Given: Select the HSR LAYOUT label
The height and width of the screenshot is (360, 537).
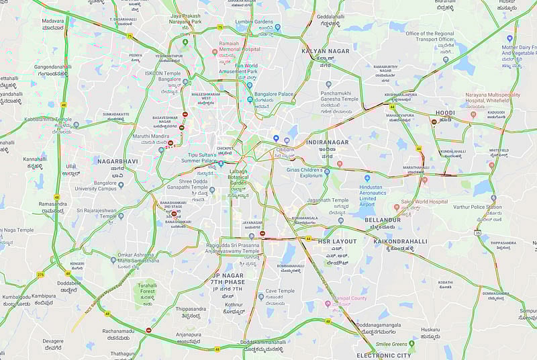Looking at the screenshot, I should click(337, 240).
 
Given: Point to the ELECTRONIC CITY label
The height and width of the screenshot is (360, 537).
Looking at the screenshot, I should click(383, 355).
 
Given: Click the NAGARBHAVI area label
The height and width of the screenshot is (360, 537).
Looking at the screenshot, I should click(117, 162).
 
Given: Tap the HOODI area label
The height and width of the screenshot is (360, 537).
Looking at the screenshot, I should click(444, 113).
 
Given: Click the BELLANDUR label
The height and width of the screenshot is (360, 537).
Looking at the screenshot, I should click(383, 220).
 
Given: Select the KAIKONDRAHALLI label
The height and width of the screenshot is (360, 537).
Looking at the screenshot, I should click(400, 240).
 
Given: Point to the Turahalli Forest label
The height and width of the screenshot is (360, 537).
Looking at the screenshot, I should click(147, 288).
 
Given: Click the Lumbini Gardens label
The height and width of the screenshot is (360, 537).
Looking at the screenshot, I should click(254, 21).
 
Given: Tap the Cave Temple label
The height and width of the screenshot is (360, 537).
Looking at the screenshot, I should click(279, 291).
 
